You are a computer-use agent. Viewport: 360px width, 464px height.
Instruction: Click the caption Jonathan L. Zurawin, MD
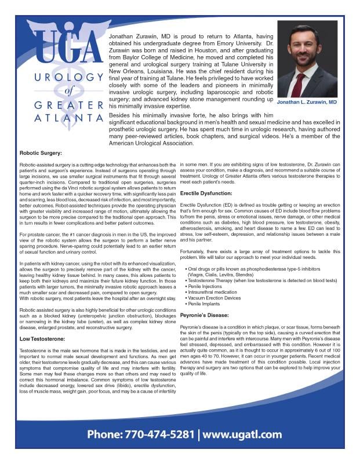(307, 103)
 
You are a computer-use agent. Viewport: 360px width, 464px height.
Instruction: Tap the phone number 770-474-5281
(158, 434)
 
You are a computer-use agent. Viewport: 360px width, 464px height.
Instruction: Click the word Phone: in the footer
(105, 434)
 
